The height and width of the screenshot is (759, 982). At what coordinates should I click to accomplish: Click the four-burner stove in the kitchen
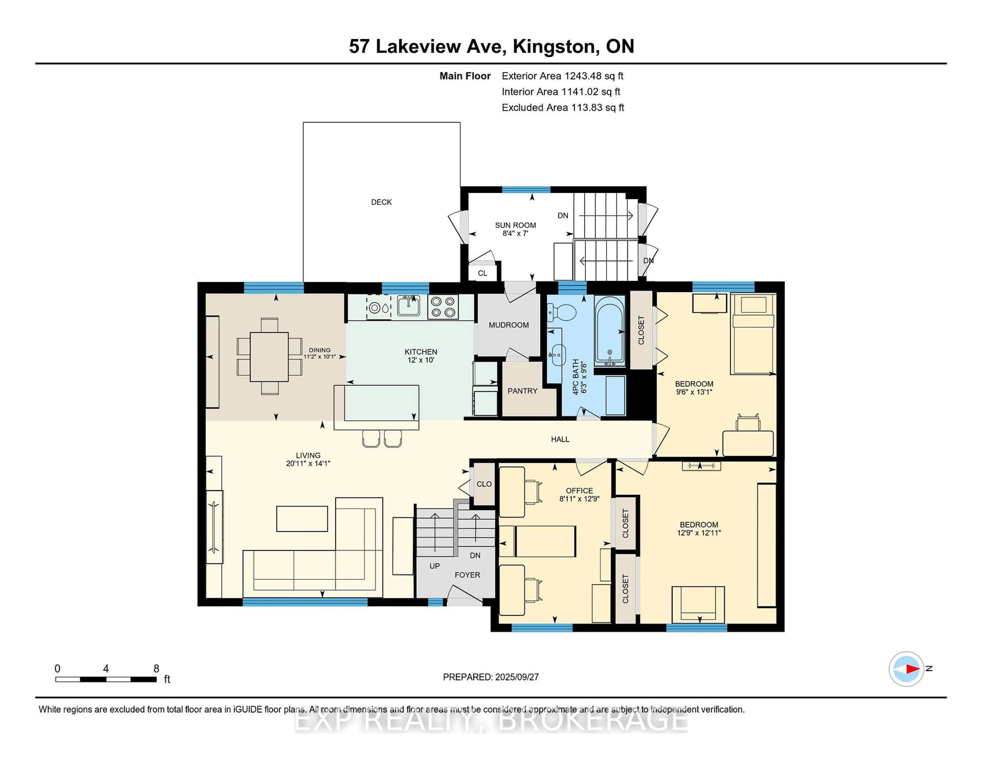pos(443,307)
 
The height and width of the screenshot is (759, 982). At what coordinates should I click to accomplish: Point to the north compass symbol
pos(907,669)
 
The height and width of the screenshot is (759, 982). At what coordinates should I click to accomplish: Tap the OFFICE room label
pos(579,490)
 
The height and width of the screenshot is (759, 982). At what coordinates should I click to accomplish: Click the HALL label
pos(560,439)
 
